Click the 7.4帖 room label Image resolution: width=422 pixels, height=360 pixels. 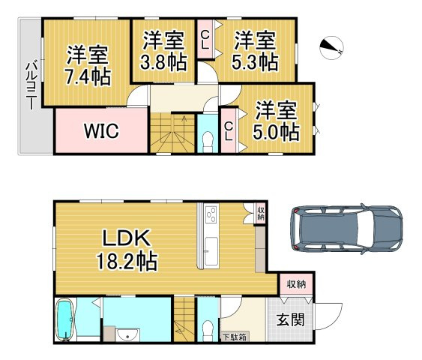(x=87, y=67)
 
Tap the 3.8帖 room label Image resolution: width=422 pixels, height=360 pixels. (x=164, y=52)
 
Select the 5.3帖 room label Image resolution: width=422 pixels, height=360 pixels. (x=253, y=49)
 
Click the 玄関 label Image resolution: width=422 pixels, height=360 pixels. (x=291, y=320)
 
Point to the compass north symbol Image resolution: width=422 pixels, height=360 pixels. (x=330, y=48)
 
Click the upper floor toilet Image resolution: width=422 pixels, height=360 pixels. (x=208, y=140)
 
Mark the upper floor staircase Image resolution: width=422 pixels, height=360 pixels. (x=173, y=133)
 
